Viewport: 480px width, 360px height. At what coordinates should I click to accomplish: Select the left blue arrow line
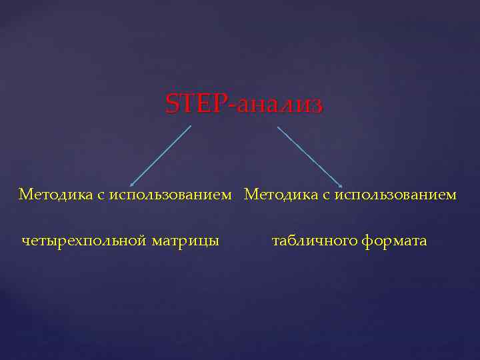tap(160, 155)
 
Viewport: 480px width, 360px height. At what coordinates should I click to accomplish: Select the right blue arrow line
tap(309, 156)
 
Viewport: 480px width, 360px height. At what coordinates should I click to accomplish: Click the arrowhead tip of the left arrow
tap(130, 185)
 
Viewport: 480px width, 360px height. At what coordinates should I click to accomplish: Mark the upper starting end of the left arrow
tap(191, 125)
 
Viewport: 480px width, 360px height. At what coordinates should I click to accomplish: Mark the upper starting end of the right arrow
tap(277, 126)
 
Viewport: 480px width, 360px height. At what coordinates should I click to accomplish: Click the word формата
tap(395, 241)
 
